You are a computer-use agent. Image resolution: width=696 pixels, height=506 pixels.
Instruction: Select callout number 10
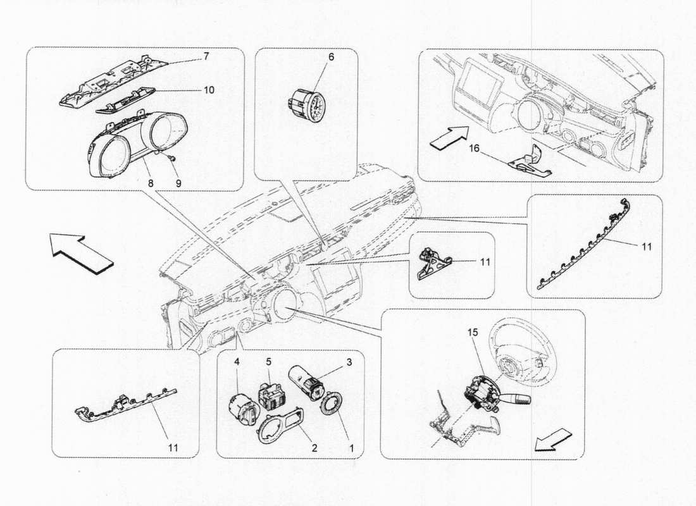click(x=208, y=90)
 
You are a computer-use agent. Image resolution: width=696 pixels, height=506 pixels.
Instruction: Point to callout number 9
click(x=178, y=183)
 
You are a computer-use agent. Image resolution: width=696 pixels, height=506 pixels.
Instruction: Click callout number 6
click(x=330, y=57)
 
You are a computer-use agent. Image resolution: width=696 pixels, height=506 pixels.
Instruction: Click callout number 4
click(x=237, y=362)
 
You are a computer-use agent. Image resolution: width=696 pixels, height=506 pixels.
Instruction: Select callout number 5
click(x=268, y=362)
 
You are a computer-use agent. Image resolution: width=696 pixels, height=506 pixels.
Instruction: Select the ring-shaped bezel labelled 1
click(x=332, y=405)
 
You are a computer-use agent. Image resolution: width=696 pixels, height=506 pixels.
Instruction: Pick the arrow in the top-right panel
click(x=448, y=137)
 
